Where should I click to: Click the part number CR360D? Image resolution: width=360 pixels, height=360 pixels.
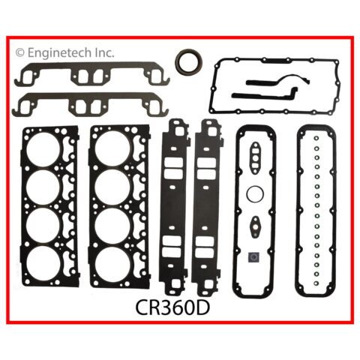(x=172, y=308)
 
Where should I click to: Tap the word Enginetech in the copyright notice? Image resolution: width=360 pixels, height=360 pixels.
(x=59, y=52)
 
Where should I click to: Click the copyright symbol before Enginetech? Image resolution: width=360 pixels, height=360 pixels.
(x=20, y=53)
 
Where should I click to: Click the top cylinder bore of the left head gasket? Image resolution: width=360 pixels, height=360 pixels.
(x=43, y=150)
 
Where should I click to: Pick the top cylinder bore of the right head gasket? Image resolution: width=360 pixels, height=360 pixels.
(x=112, y=148)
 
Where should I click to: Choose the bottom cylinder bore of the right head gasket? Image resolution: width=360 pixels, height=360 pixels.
(x=112, y=262)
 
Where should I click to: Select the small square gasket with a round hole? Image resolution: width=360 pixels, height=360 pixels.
(x=253, y=256)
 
